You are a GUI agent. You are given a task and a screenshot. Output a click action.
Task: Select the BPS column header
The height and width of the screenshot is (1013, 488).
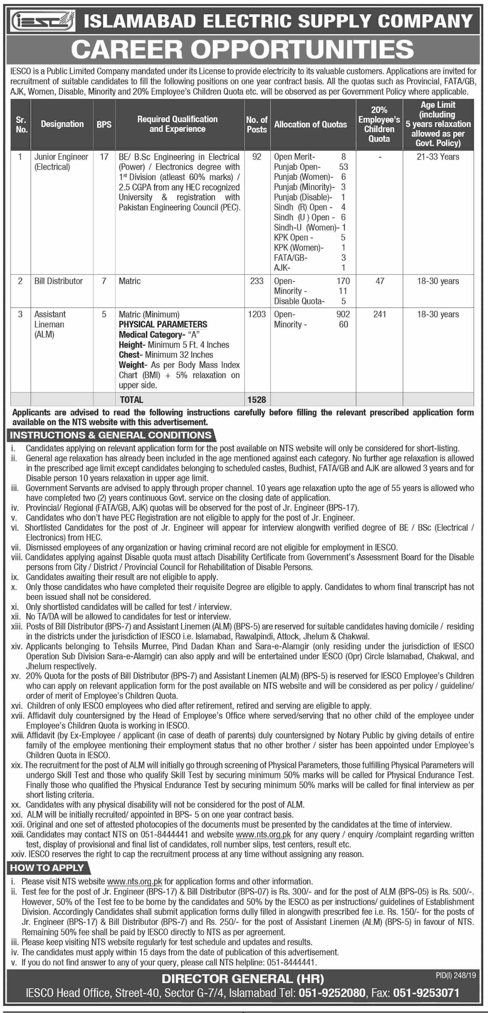[x=104, y=124]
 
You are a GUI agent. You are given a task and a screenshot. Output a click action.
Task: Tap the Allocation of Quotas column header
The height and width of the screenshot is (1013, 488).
[x=310, y=124]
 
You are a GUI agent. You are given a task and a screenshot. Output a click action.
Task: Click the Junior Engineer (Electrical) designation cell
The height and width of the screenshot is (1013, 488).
[x=61, y=162]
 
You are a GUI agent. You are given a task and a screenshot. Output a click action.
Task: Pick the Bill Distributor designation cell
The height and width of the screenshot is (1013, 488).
[x=59, y=281]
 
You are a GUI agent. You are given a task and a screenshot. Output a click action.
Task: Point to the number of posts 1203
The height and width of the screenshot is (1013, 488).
[x=256, y=314]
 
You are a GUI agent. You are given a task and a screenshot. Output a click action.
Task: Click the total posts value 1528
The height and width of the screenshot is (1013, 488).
[x=256, y=400]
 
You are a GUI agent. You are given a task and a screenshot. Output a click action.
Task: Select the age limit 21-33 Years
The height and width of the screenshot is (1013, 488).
[x=438, y=157]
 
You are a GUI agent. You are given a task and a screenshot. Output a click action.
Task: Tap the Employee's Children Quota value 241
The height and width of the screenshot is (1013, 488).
[x=380, y=314]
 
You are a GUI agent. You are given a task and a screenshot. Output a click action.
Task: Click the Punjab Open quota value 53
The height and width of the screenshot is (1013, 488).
[x=343, y=167]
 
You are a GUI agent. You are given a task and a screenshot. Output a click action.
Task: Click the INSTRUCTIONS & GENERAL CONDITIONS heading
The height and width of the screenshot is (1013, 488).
[x=111, y=435]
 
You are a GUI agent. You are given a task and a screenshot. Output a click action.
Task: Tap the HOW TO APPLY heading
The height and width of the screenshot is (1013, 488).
[x=47, y=867]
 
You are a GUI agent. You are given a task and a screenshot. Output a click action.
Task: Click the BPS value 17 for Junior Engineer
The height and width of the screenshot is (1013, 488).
[x=104, y=157]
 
